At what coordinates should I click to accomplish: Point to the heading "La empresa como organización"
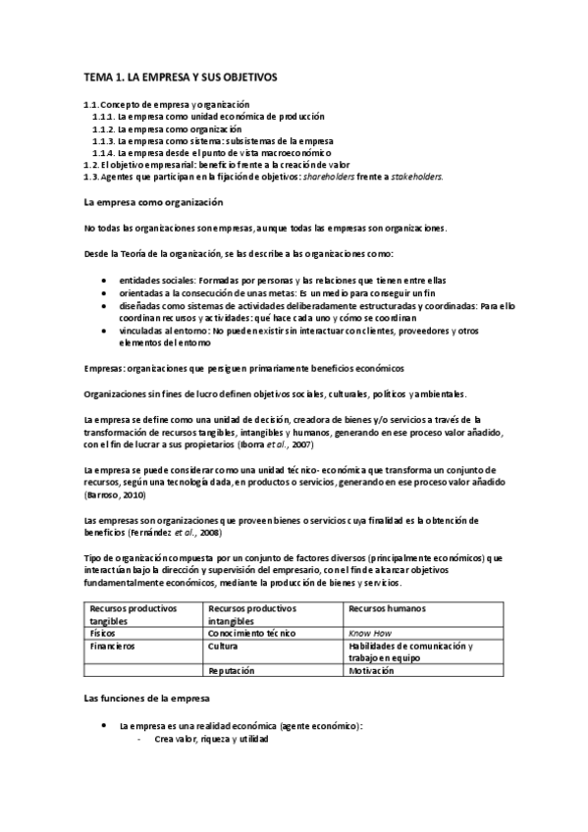[154, 202]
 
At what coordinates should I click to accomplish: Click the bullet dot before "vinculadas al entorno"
[105, 332]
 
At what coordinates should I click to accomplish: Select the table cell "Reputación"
[232, 670]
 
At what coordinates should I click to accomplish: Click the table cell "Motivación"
[371, 670]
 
